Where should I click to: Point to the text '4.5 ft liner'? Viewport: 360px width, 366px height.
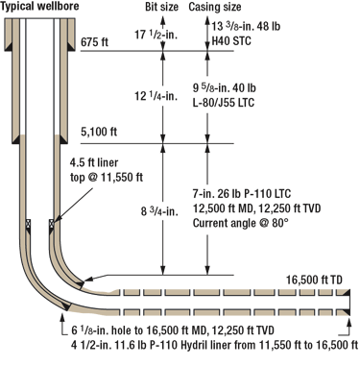click(x=100, y=160)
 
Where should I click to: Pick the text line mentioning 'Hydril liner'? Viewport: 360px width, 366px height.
click(x=205, y=346)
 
